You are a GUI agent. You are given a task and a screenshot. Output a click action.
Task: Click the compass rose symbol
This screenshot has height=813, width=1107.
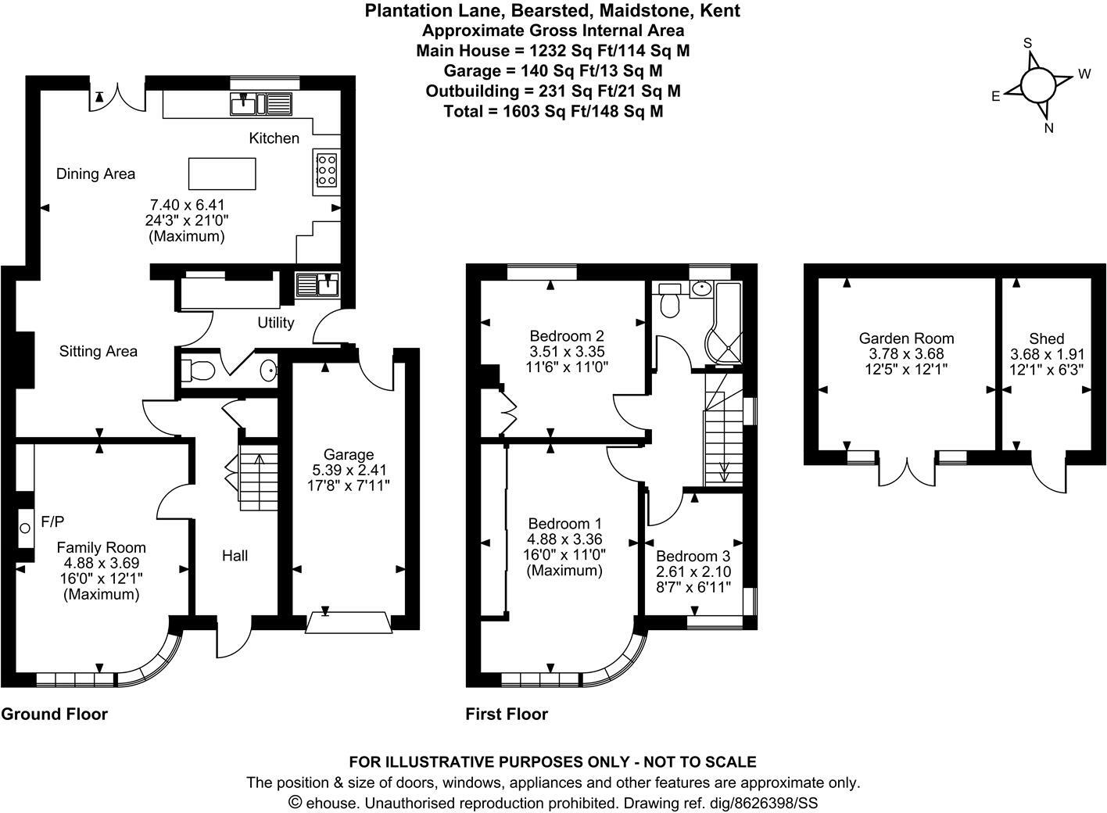coord(1037,84)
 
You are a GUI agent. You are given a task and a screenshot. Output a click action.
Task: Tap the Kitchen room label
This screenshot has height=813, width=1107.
coord(274,138)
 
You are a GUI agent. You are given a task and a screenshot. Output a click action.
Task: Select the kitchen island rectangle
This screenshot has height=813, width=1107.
coord(223,174)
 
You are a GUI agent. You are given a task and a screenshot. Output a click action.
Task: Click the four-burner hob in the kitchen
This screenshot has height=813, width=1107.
coord(326,170)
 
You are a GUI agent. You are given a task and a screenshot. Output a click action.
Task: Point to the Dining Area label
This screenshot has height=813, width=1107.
coord(95,174)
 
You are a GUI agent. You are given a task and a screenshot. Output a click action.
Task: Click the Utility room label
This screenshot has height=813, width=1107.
coord(276,322)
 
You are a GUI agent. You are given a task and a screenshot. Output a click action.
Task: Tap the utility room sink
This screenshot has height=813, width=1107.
coord(317,285)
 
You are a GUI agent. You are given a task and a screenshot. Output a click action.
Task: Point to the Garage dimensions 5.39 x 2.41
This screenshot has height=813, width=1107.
coord(348,470)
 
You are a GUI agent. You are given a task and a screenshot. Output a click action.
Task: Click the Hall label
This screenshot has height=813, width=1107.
coord(235,556)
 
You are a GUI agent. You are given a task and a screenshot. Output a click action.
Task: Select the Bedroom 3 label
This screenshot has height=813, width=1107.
coord(693,557)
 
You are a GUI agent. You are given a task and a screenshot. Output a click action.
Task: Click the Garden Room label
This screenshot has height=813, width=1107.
coord(906,338)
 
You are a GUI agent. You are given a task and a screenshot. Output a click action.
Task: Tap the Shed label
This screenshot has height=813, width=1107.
coord(1046,338)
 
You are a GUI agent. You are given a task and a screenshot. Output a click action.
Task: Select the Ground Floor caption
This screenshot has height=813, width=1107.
coord(54,714)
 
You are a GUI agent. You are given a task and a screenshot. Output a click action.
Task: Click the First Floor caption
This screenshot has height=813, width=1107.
coord(507,714)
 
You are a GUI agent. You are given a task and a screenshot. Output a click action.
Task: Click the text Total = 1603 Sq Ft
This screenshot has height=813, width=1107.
coord(553,111)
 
